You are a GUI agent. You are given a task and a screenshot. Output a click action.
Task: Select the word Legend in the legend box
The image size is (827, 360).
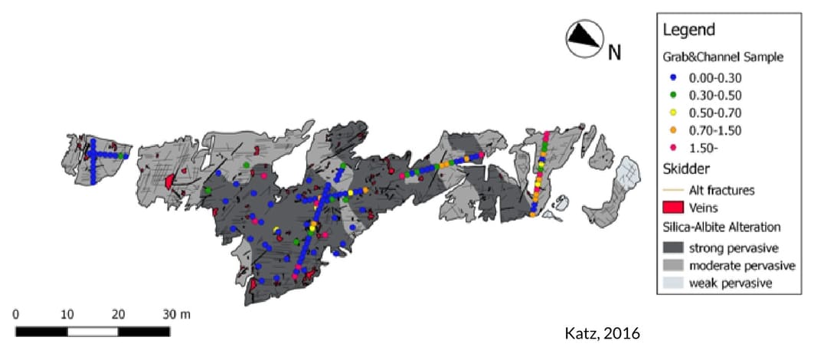688,30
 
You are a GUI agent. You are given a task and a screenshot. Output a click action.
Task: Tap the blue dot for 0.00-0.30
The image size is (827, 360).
672,77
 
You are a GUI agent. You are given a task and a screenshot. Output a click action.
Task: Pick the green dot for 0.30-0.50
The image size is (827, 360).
672,95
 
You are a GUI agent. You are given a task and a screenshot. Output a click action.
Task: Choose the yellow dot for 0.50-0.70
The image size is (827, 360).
672,112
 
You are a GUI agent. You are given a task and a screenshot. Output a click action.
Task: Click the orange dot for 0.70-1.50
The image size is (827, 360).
672,129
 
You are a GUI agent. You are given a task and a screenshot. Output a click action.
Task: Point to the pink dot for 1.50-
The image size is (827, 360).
672,146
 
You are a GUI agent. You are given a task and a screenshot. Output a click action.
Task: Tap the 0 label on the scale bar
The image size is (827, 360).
16,314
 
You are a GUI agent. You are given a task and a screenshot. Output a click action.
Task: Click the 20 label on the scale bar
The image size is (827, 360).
118,314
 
